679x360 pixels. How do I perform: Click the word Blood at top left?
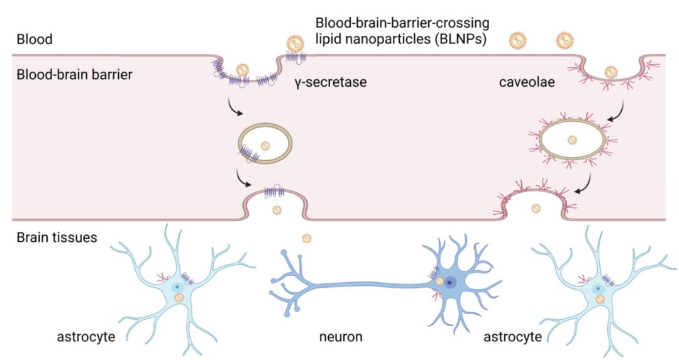[35, 40]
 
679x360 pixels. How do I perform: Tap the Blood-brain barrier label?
[75, 75]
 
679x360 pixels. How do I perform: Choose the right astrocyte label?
[512, 337]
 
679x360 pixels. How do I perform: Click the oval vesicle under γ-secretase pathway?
[265, 145]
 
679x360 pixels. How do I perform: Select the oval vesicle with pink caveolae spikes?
[572, 139]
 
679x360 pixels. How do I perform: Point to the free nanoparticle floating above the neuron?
[306, 238]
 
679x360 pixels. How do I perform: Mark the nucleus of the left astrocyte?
[177, 287]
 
